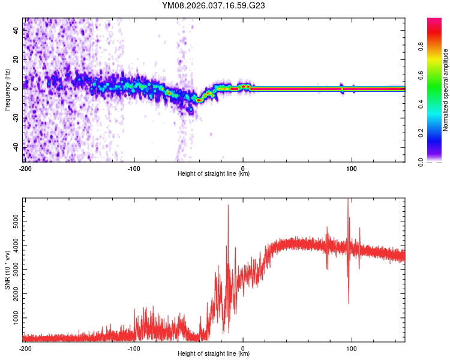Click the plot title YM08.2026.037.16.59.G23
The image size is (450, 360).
pyautogui.click(x=214, y=5)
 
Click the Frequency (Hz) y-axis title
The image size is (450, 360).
pyautogui.click(x=8, y=90)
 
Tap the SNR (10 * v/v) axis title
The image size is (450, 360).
pyautogui.click(x=8, y=269)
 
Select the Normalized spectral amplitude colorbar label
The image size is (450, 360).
pyautogui.click(x=446, y=90)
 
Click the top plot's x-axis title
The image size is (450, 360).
pyautogui.click(x=214, y=174)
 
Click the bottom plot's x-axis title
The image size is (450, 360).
pyautogui.click(x=214, y=354)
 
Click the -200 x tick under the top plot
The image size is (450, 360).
pyautogui.click(x=25, y=167)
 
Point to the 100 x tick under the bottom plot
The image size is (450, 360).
pyautogui.click(x=352, y=347)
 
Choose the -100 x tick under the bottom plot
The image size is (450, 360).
pyautogui.click(x=134, y=347)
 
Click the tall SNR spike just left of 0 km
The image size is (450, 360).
pyautogui.click(x=228, y=207)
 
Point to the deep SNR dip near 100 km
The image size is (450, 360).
pyautogui.click(x=349, y=302)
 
